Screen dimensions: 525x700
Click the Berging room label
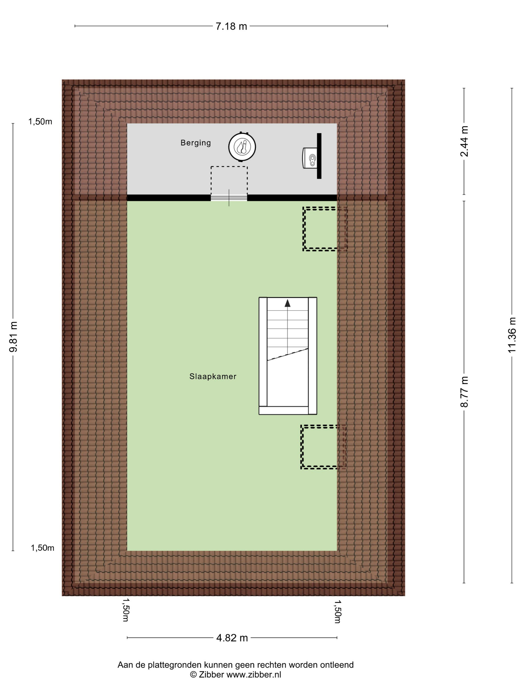pos(195,143)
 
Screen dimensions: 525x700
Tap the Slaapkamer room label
pos(213,376)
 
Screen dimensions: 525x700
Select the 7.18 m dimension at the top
pos(231,26)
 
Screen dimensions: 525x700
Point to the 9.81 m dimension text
pos(13,336)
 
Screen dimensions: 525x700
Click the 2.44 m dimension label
pos(464,141)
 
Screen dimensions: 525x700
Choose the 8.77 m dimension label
pos(464,391)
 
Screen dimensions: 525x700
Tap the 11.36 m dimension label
pos(512,335)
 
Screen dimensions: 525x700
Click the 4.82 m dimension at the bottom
pos(232,638)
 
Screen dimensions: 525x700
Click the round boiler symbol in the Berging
pos(242,147)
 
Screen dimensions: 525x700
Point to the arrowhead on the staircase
pos(287,303)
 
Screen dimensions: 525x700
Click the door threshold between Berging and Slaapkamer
pos(229,198)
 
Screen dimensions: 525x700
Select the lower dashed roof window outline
pos(323,447)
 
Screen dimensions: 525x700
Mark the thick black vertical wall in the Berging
pos(319,156)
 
